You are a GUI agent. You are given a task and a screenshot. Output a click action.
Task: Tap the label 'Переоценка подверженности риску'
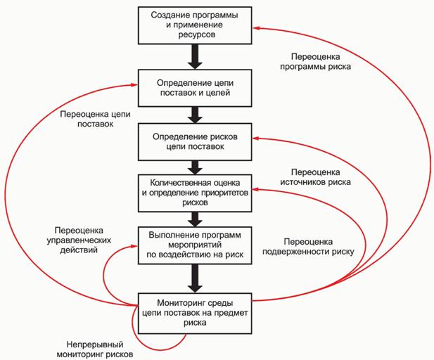pos(307,245)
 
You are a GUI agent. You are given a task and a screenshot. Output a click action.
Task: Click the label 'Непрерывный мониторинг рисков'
pos(96,349)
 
